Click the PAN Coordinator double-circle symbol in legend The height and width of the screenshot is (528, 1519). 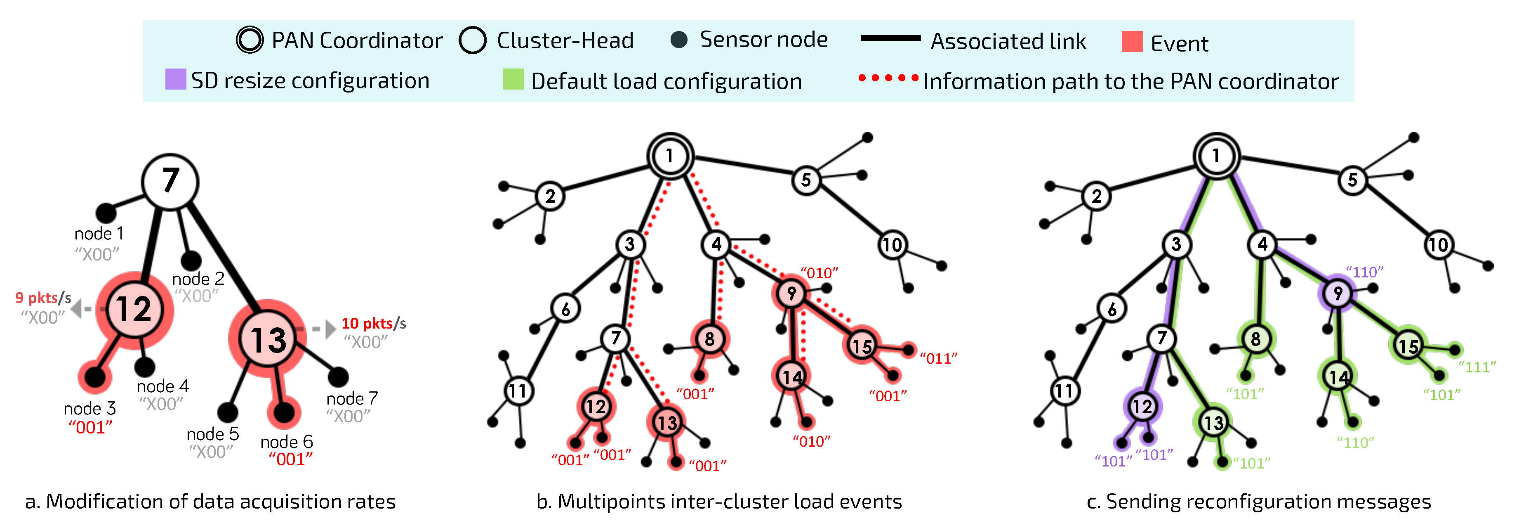tap(250, 40)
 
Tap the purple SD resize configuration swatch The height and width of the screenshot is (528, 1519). tap(175, 80)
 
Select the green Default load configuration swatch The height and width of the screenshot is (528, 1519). tap(513, 80)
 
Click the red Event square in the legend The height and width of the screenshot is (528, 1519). tap(1132, 42)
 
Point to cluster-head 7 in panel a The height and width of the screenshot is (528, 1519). tap(170, 182)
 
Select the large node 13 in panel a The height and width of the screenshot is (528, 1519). tap(268, 339)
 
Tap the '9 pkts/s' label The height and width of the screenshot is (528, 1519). tap(43, 298)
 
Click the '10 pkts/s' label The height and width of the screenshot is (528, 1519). tap(373, 323)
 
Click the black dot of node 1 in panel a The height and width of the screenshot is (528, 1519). tap(106, 213)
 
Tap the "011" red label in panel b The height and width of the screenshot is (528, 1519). tap(938, 358)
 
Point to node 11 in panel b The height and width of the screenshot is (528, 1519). tap(518, 391)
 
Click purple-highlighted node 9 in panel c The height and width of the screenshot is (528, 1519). tap(1338, 293)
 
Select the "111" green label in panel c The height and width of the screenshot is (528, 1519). tap(1477, 367)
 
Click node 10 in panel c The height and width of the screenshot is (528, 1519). tap(1438, 245)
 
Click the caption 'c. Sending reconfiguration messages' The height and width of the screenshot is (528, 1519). tap(1258, 502)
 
